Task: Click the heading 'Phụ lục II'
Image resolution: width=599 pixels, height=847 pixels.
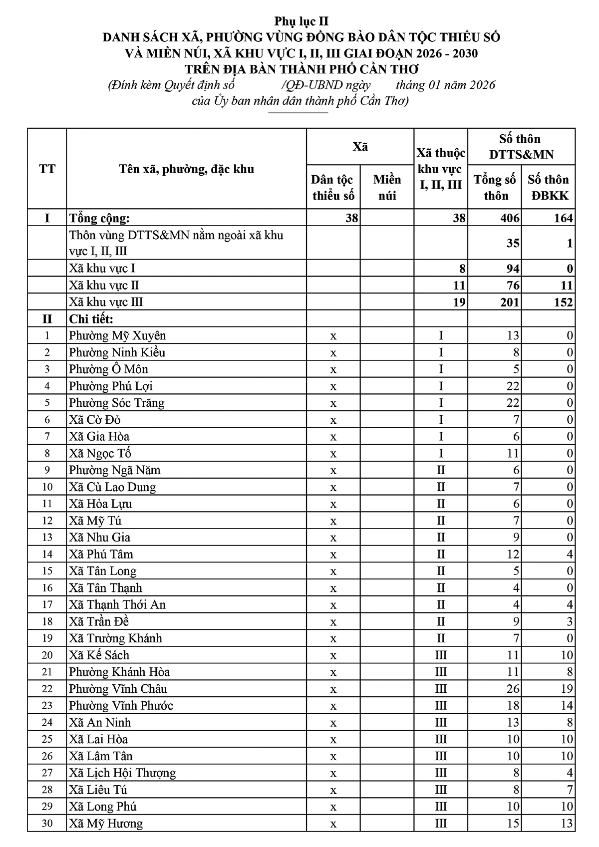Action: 301,21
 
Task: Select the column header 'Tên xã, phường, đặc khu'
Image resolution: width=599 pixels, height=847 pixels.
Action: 186,169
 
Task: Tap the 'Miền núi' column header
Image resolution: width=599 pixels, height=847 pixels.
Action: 387,187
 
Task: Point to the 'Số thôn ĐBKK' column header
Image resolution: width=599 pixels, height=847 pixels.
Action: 548,187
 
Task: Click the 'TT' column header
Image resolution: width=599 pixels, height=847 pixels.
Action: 47,169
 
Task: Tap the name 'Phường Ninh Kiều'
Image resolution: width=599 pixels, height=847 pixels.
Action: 117,352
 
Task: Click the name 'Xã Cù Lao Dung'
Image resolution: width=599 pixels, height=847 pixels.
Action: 112,487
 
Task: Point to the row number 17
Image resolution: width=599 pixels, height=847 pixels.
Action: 47,605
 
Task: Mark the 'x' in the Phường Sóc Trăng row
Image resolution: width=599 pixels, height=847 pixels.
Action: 333,403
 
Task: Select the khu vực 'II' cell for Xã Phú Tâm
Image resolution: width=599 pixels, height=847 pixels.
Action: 441,555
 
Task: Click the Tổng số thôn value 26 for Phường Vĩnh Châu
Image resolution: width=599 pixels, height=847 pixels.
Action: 513,689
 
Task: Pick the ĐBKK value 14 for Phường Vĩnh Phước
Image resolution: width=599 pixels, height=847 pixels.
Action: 567,706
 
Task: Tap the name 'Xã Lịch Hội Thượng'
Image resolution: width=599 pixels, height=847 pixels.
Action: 122,773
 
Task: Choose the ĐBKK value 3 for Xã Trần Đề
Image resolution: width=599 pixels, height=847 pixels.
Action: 570,622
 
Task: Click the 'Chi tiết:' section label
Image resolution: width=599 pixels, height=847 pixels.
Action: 91,319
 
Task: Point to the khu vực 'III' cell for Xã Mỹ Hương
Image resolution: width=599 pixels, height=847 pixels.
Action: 441,824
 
